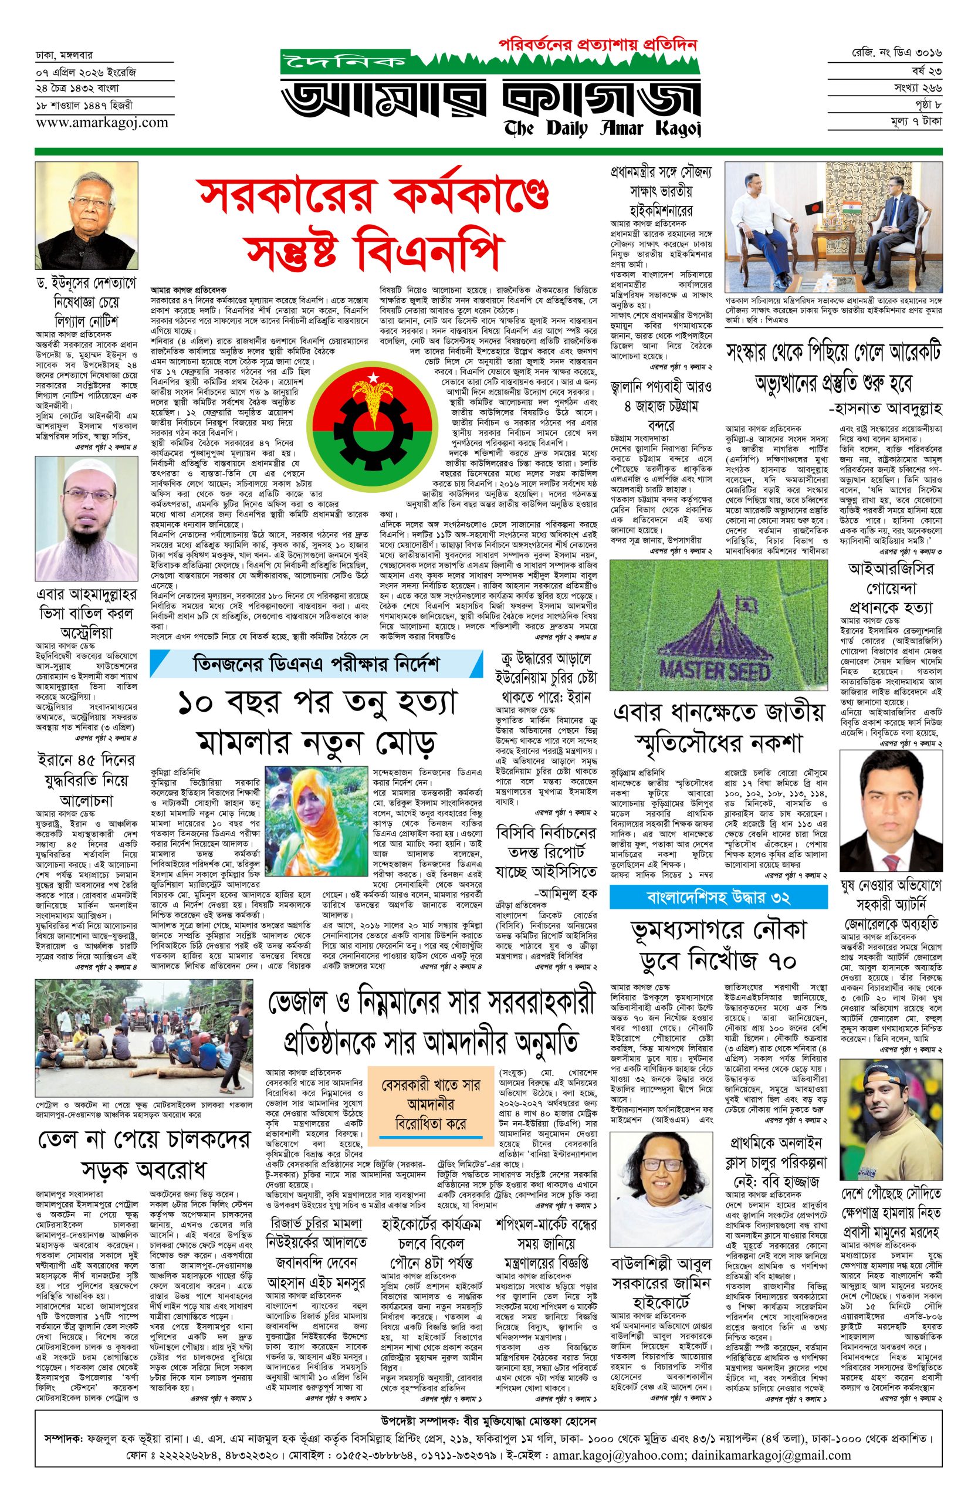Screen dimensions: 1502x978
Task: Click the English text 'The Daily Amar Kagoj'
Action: [x=602, y=128]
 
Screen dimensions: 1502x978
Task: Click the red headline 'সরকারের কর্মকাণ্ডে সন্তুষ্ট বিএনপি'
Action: [x=373, y=224]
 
